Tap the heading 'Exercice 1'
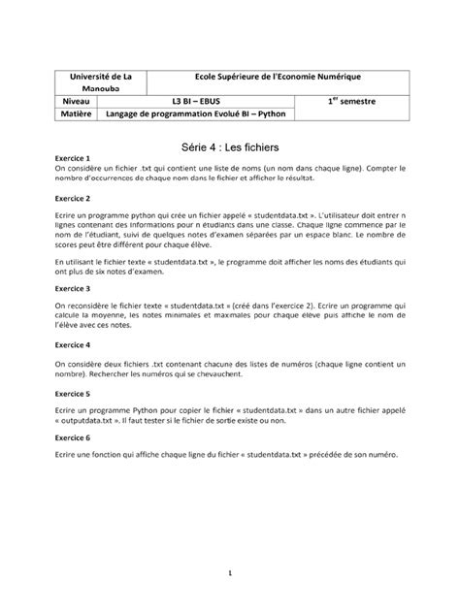(x=73, y=157)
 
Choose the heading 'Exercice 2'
(x=73, y=198)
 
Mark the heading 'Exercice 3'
(x=73, y=289)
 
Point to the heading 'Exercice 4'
(x=73, y=344)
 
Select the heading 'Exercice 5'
(x=73, y=395)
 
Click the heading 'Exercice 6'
(x=73, y=437)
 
